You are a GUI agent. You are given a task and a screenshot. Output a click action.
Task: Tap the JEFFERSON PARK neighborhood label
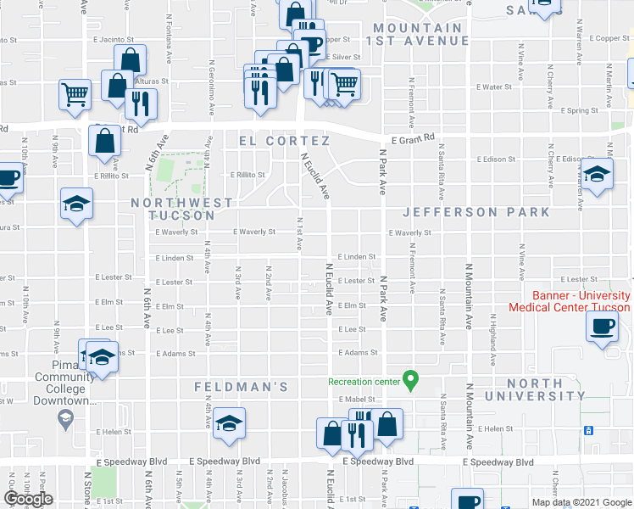click(x=475, y=212)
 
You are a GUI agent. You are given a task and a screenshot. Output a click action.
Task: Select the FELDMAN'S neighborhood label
click(x=242, y=387)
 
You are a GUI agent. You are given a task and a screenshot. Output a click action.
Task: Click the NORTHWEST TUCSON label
click(x=181, y=210)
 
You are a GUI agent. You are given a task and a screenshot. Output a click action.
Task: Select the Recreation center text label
click(x=364, y=382)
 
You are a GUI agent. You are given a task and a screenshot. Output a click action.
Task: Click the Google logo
click(x=28, y=499)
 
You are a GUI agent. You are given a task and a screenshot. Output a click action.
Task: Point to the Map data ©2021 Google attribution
click(x=580, y=502)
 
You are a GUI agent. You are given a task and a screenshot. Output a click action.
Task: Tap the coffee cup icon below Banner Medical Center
click(x=603, y=326)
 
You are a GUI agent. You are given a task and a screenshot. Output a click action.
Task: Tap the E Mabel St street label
click(x=356, y=399)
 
